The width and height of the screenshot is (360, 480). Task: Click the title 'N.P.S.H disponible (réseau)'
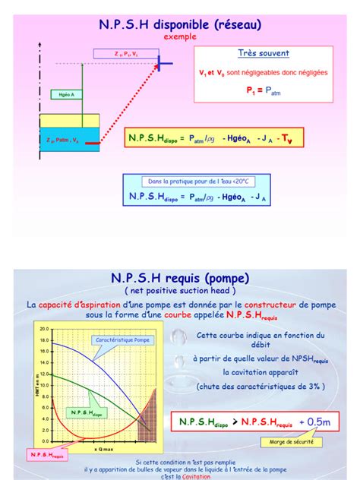point(180,25)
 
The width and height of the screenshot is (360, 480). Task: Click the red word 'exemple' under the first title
point(179,36)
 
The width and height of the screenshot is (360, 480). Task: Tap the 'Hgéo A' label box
point(66,95)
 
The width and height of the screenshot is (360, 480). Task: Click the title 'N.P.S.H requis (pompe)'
point(179,278)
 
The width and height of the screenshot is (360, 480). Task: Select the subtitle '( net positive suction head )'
point(179,290)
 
